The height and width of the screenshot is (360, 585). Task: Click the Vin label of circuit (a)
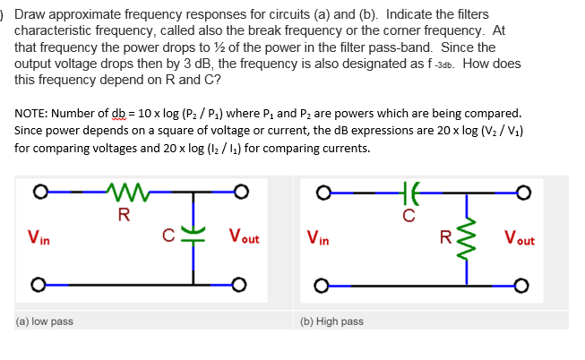pyautogui.click(x=38, y=238)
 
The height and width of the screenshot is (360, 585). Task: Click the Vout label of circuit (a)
pyautogui.click(x=244, y=238)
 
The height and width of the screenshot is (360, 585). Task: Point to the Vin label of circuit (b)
pyautogui.click(x=317, y=238)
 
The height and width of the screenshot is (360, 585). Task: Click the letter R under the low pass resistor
pyautogui.click(x=123, y=213)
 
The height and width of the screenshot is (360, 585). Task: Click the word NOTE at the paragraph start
pyautogui.click(x=32, y=114)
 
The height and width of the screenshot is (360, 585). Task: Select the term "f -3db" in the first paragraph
pyautogui.click(x=434, y=64)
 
